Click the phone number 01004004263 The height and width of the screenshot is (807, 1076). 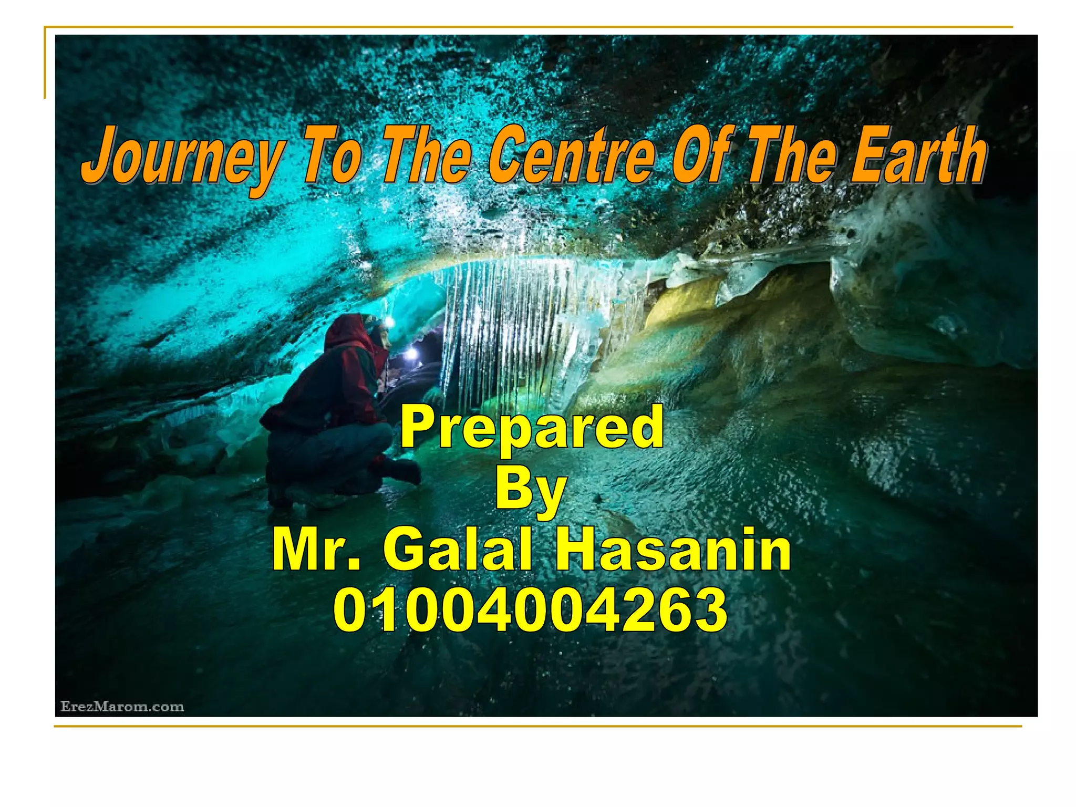pos(531,611)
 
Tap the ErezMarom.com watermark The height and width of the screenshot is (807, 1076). pos(122,707)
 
